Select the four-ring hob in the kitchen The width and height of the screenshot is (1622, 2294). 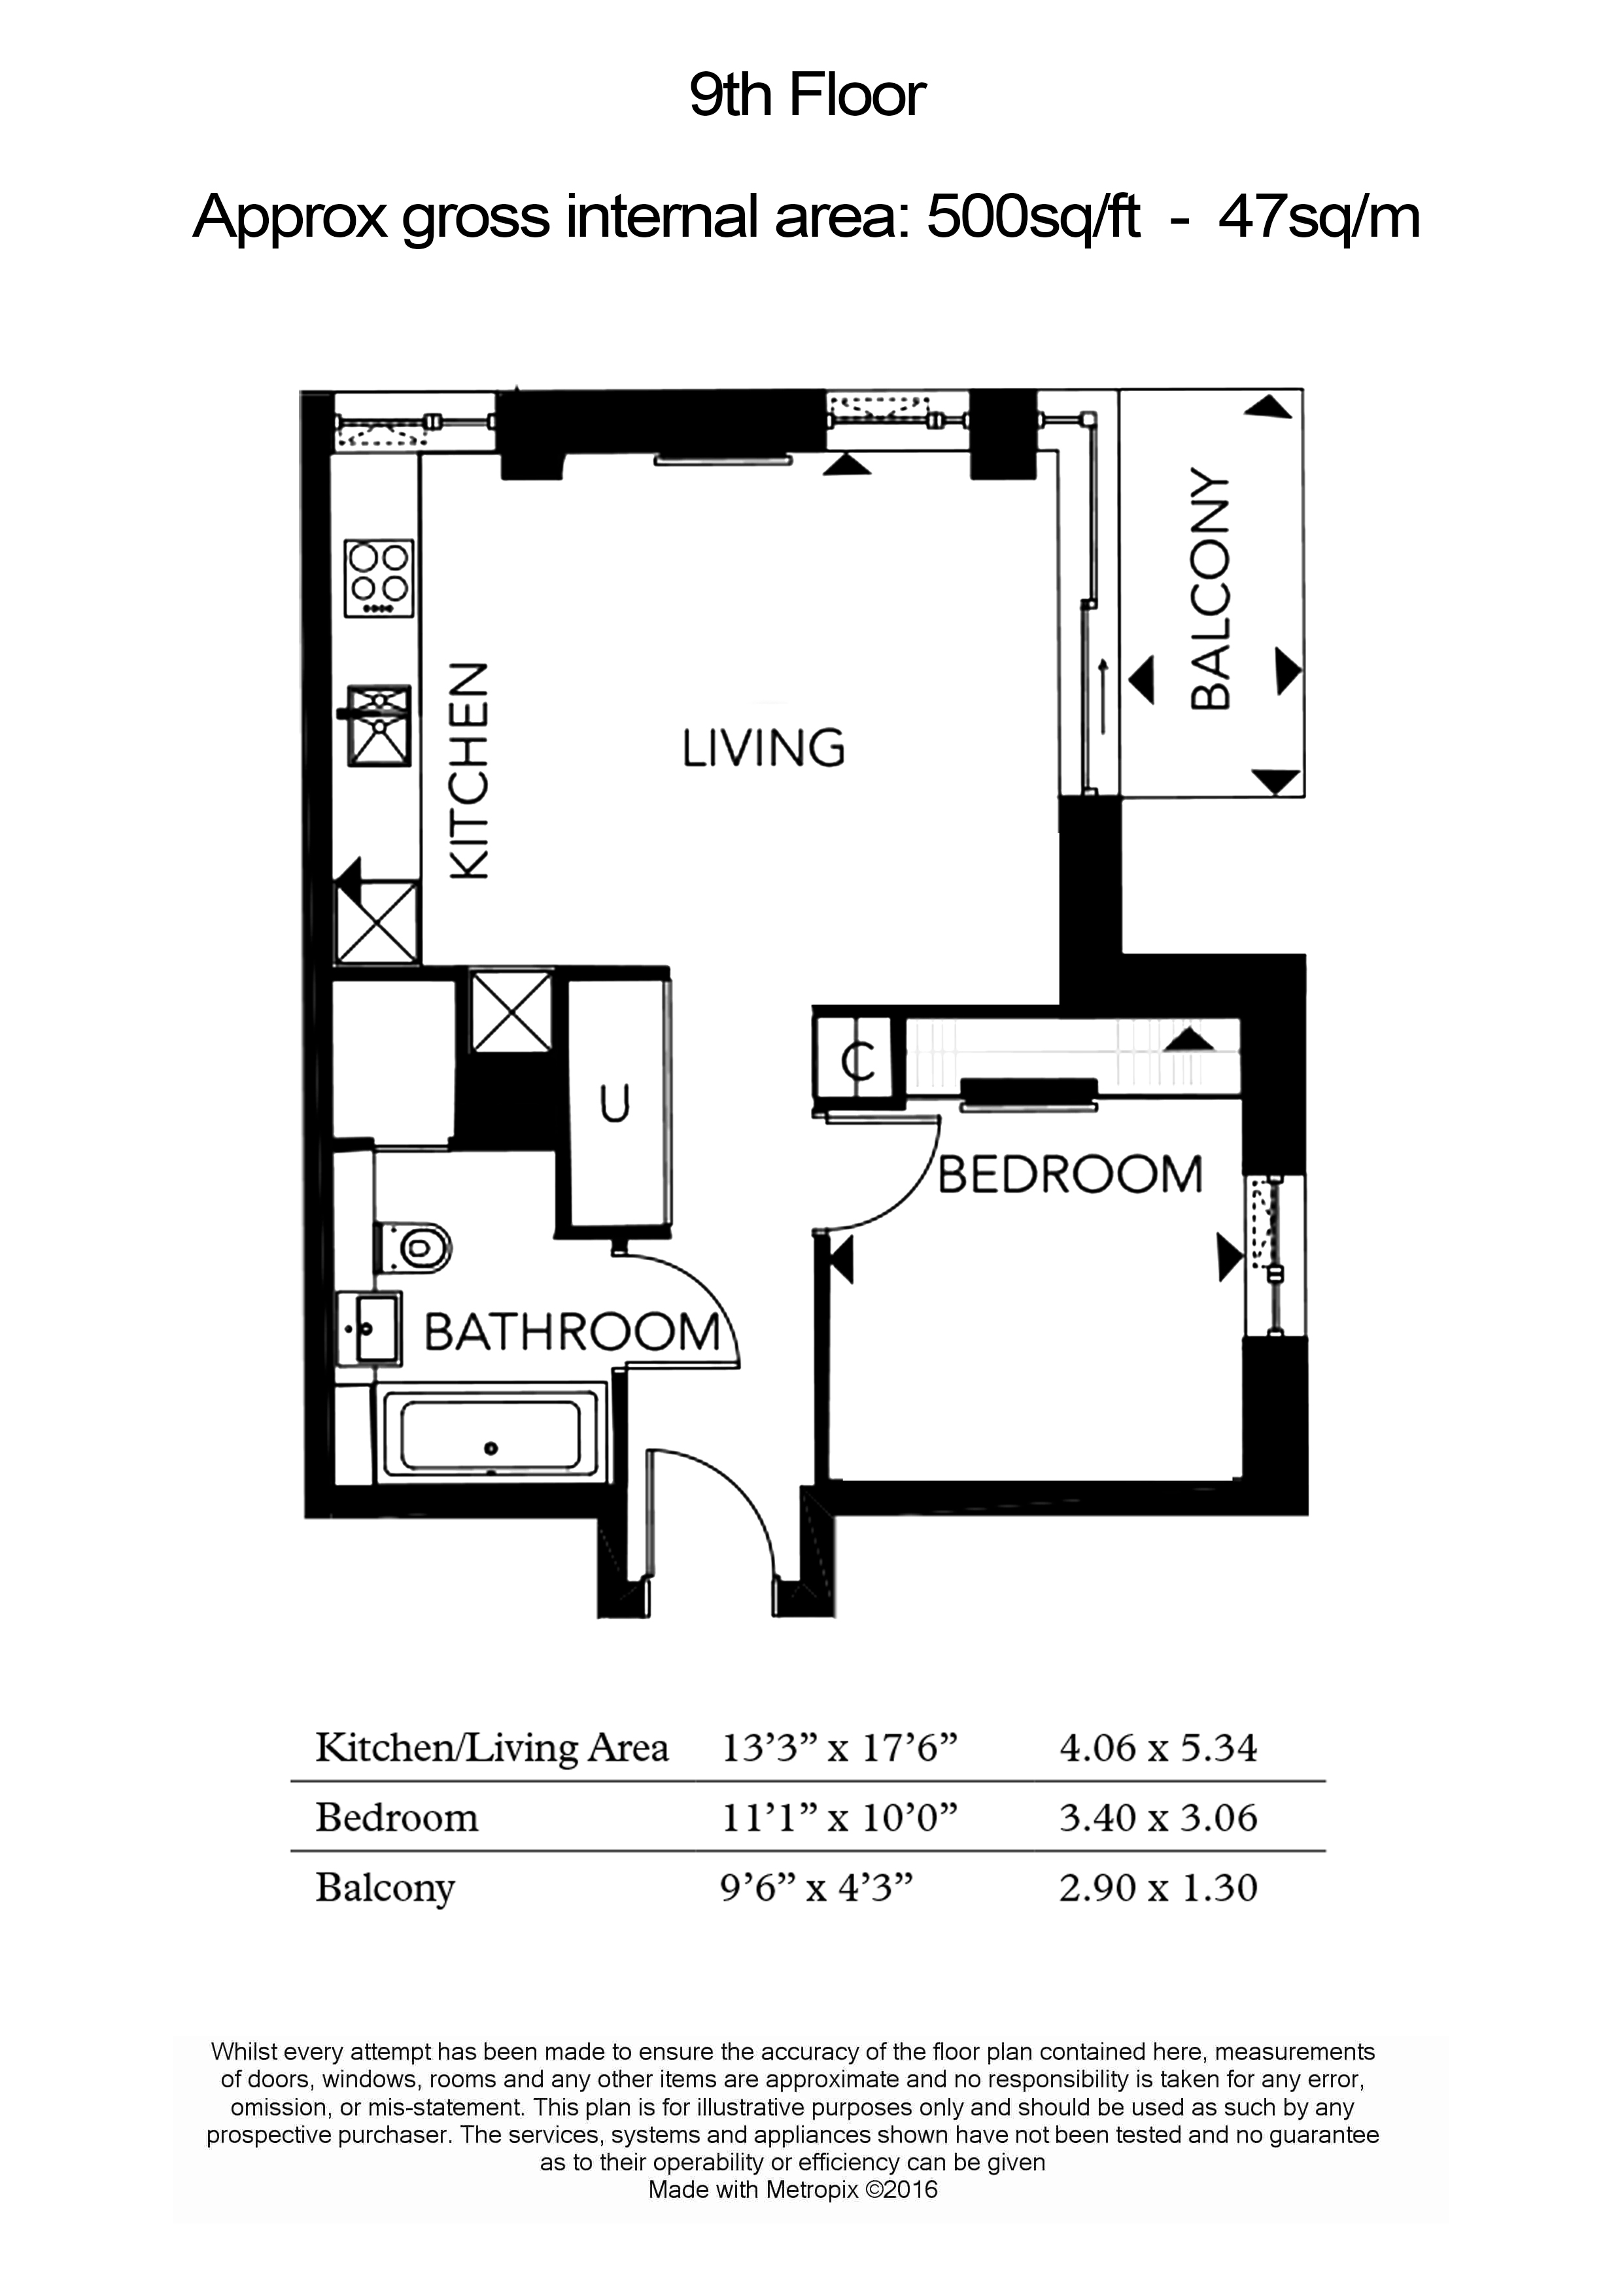379,579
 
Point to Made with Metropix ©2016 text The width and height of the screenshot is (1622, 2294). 793,2191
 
